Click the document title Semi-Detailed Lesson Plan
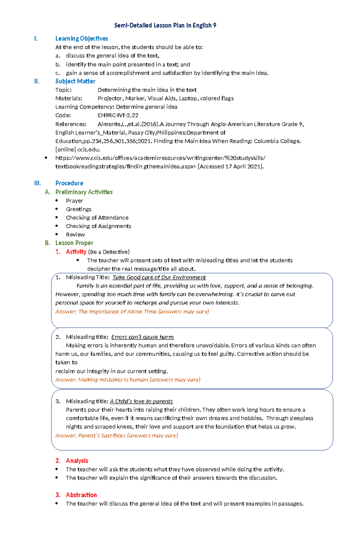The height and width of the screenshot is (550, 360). [x=165, y=25]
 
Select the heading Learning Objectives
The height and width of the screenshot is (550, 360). [x=82, y=38]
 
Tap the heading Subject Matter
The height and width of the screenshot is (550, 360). [x=75, y=81]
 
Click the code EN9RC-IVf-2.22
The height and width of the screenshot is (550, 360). [x=118, y=115]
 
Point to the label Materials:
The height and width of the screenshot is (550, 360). [x=69, y=98]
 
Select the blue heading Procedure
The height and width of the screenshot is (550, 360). [x=69, y=183]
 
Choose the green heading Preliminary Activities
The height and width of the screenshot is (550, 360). [x=84, y=192]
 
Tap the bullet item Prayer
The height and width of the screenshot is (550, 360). [x=74, y=201]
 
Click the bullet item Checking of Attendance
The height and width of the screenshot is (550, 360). [x=97, y=218]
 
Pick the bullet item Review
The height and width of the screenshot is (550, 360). [x=76, y=235]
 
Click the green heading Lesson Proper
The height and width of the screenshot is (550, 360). [x=74, y=243]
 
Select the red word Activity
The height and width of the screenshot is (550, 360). [x=76, y=252]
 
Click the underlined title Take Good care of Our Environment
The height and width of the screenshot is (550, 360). [x=159, y=278]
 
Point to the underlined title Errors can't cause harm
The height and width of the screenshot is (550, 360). [x=142, y=337]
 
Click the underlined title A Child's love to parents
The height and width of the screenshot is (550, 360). [x=141, y=401]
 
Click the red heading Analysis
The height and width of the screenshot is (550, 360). [x=77, y=461]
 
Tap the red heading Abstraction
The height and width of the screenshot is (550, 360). [x=81, y=495]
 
